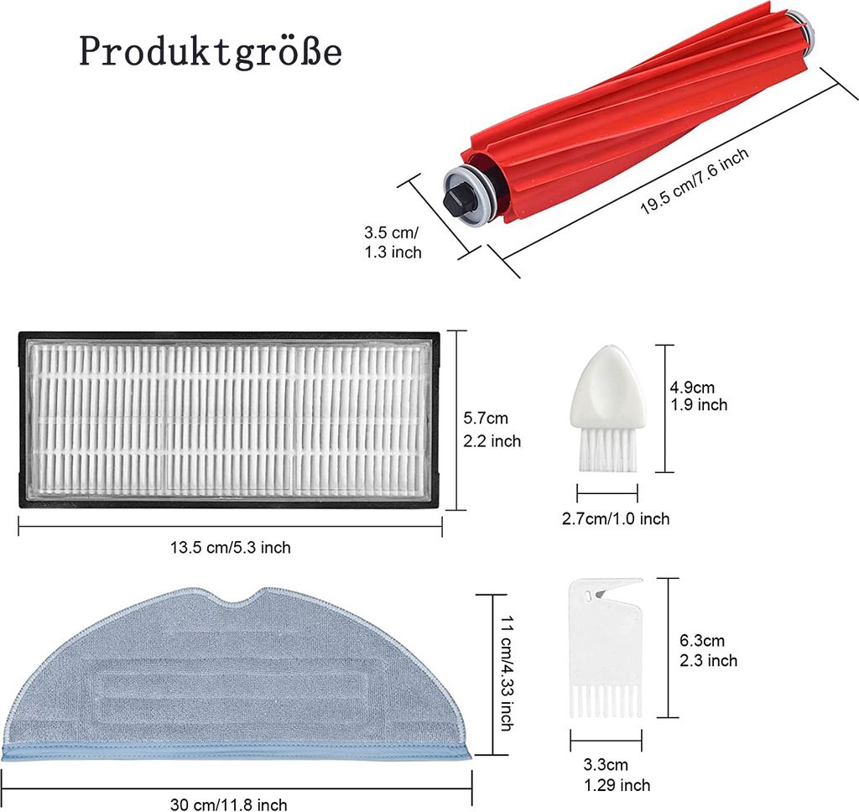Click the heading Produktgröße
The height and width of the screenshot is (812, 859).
[x=211, y=52]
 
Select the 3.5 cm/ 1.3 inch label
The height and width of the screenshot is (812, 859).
[x=393, y=242]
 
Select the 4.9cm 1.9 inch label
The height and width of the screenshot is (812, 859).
[x=699, y=396]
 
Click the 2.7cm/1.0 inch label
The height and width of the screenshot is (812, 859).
[x=616, y=518]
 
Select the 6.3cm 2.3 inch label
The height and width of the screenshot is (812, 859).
[x=708, y=650]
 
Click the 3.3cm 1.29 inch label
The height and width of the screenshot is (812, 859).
[x=617, y=775]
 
